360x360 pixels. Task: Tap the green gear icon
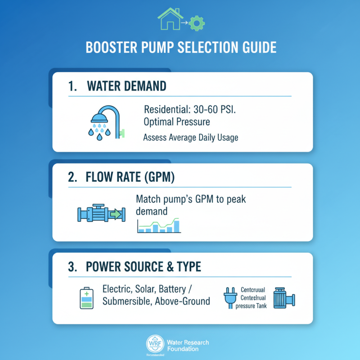coord(195,23)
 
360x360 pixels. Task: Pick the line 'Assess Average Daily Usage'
coord(190,138)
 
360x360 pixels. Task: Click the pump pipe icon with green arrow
coord(100,213)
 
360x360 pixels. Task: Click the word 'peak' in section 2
coord(235,199)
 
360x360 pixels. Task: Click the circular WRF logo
coord(154,345)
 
